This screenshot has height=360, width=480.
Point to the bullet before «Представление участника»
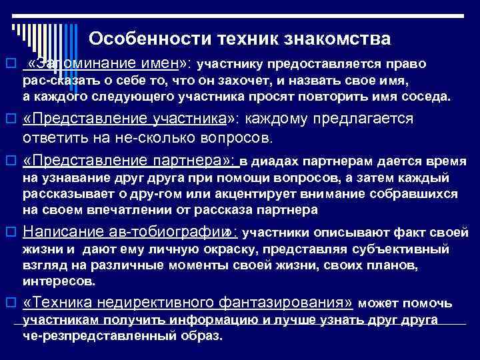pos(9,119)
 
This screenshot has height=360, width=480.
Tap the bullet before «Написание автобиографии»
pos(9,233)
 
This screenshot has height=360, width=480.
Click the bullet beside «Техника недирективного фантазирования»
pos(9,303)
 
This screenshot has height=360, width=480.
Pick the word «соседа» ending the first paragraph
pos(427,97)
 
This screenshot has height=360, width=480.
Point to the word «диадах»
pos(275,162)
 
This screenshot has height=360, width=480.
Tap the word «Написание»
pos(57,233)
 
